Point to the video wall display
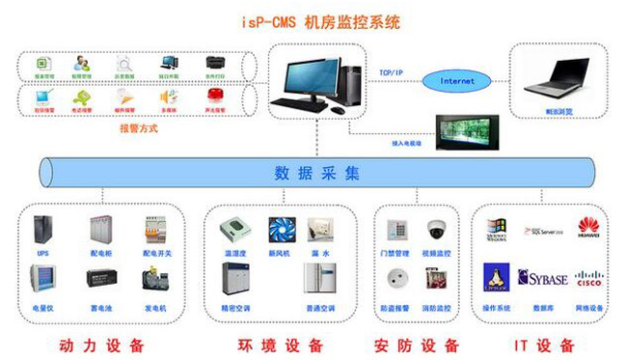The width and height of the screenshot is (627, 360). pyautogui.click(x=471, y=130)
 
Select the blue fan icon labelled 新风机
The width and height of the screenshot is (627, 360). pyautogui.click(x=280, y=229)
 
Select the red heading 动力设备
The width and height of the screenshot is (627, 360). pyautogui.click(x=100, y=345)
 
